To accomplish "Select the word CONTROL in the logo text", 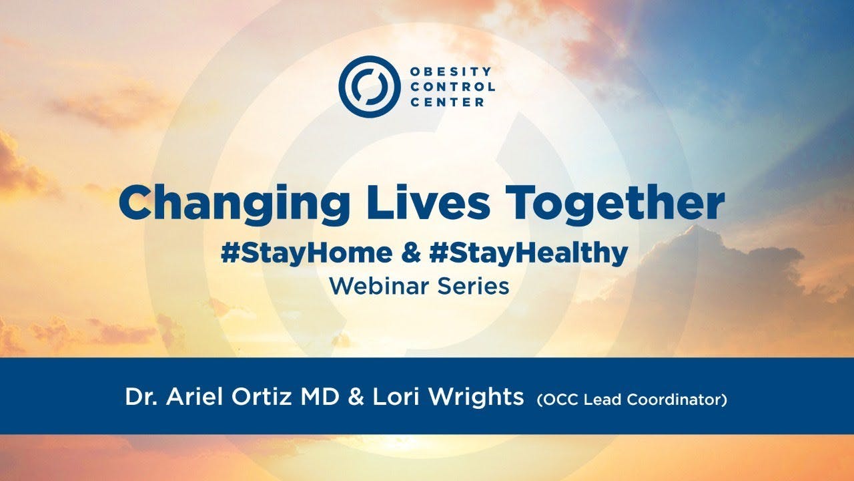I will [x=453, y=87].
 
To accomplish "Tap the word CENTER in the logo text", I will [x=448, y=102].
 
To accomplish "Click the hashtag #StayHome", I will [x=306, y=253].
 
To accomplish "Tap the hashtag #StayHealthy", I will [x=530, y=253].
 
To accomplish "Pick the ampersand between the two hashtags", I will [x=410, y=253].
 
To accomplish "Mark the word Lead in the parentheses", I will [x=600, y=400].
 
